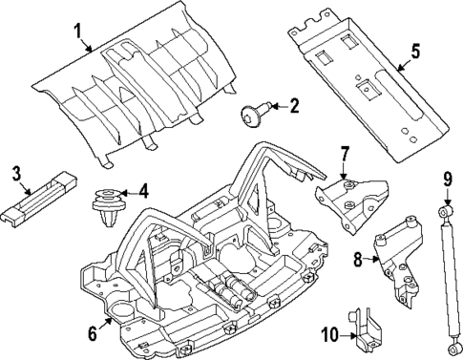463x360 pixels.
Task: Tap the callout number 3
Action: click(x=16, y=173)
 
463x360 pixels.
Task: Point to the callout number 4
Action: click(x=143, y=191)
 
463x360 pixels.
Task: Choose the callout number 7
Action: click(x=346, y=153)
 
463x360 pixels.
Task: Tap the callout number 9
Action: click(x=446, y=178)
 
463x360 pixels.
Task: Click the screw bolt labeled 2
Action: click(x=253, y=116)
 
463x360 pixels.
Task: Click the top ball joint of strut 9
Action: click(x=444, y=210)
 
